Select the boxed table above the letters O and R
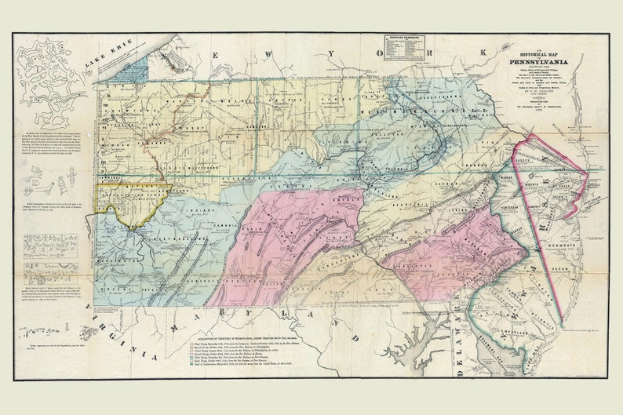point(406,49)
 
